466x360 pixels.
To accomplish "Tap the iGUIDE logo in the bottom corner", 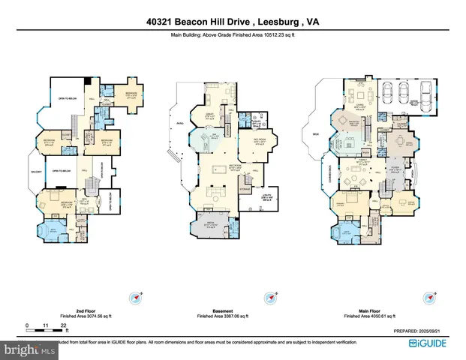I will coord(425,343).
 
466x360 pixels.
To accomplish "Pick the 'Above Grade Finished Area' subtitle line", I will coord(233,33).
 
